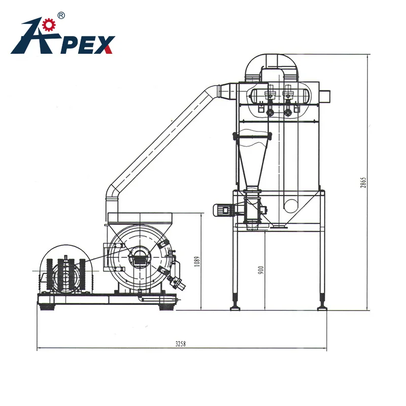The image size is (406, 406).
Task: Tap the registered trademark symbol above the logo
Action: (61, 16)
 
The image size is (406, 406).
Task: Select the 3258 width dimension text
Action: (181, 344)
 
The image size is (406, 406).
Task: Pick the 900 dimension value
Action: (261, 269)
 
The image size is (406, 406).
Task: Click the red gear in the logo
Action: (49, 24)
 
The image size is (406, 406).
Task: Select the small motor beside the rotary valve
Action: (222, 209)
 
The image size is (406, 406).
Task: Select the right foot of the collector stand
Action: (321, 307)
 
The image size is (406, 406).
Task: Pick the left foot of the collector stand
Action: (235, 306)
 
